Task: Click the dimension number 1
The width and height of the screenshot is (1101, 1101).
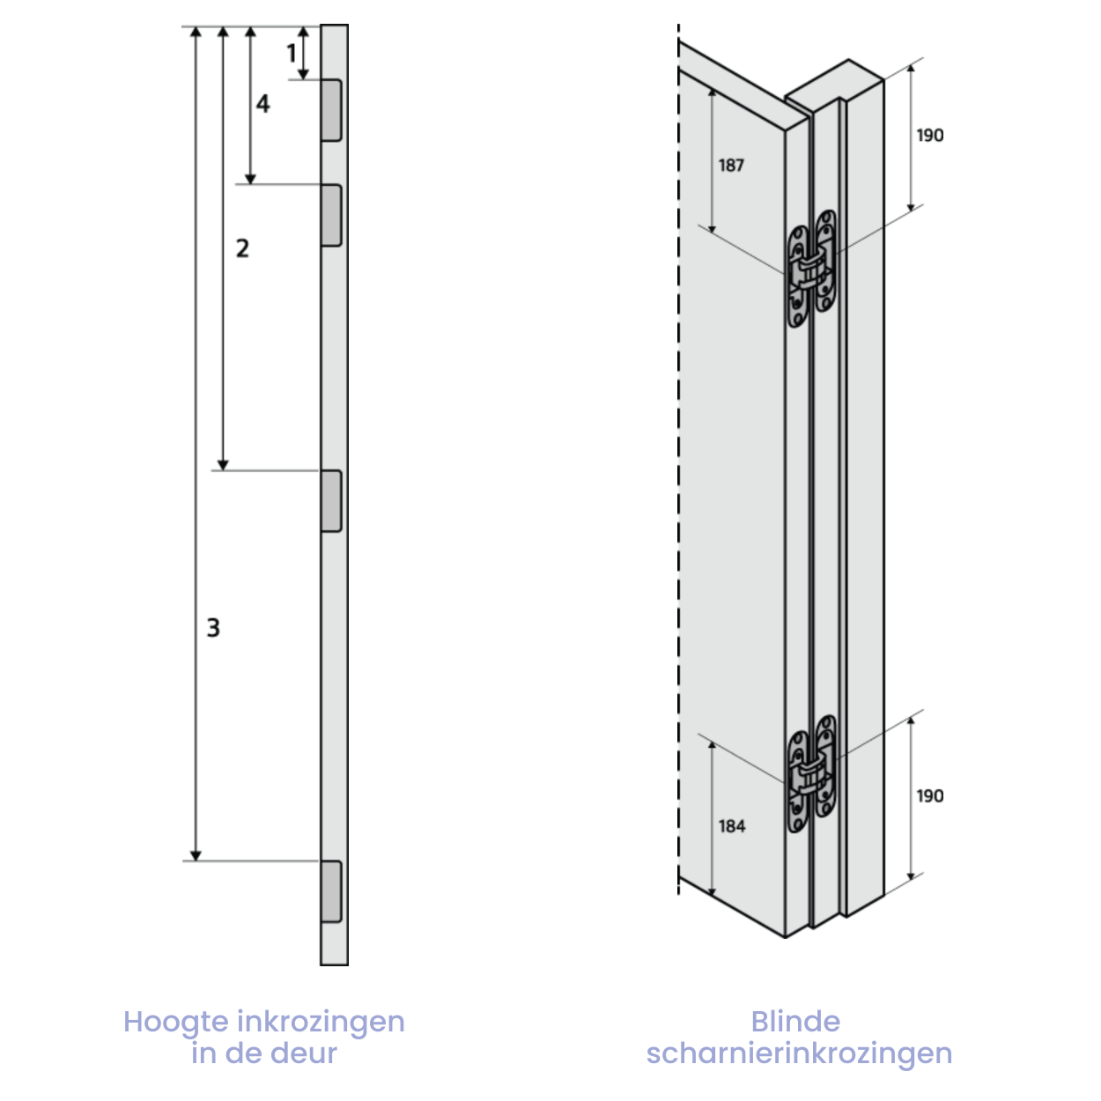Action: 292,54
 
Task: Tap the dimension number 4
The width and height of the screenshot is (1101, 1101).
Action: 262,103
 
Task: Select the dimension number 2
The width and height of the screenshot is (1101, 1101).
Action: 242,248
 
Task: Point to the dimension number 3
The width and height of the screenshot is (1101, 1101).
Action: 213,627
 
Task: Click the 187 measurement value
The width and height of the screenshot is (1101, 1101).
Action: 731,166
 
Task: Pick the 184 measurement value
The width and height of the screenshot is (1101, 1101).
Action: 732,826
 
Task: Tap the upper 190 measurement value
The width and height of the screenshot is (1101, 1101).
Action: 930,136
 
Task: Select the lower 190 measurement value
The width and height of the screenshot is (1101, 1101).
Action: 930,796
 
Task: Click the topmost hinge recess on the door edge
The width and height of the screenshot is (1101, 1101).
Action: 331,110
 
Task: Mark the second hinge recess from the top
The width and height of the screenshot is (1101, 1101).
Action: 331,216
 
